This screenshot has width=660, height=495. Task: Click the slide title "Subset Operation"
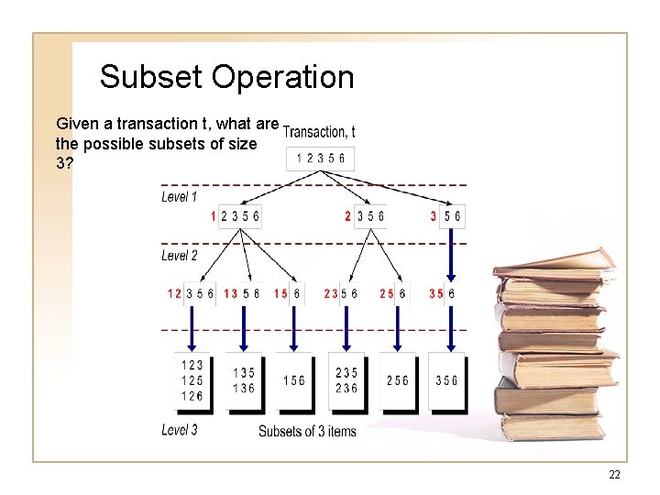pos(226,77)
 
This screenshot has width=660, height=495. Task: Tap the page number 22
pos(613,474)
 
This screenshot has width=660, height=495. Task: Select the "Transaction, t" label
pos(319,133)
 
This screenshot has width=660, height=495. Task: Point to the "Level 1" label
pos(180,196)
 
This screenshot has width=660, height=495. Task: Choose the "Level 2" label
pos(180,256)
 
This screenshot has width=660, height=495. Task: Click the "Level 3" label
pos(180,430)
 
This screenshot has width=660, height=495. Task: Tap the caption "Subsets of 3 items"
pos(307,431)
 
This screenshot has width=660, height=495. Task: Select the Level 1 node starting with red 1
pos(236,217)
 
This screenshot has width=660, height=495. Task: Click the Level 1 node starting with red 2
pos(364,217)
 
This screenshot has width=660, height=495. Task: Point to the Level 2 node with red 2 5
pos(392,293)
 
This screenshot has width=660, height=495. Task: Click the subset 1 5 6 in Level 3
pos(294,380)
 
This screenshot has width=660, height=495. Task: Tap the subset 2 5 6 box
pos(397,380)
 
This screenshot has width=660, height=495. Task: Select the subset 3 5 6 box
pos(446,380)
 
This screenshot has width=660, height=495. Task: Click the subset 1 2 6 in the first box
pos(192,396)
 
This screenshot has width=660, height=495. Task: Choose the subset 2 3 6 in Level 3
pos(346,389)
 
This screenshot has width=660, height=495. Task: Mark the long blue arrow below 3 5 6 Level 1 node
pos(452,255)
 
